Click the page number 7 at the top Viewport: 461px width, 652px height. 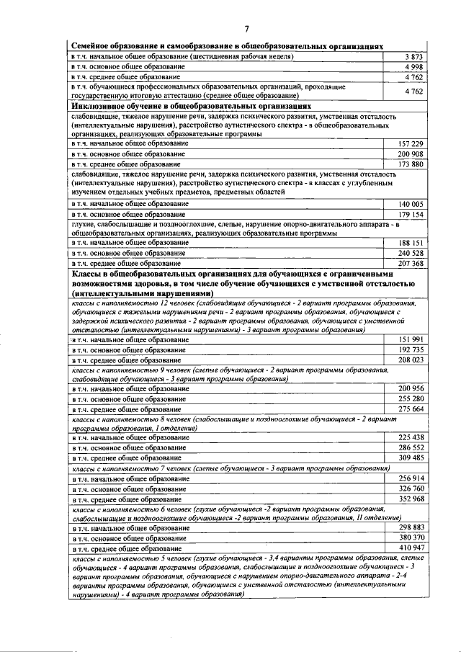point(246,29)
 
